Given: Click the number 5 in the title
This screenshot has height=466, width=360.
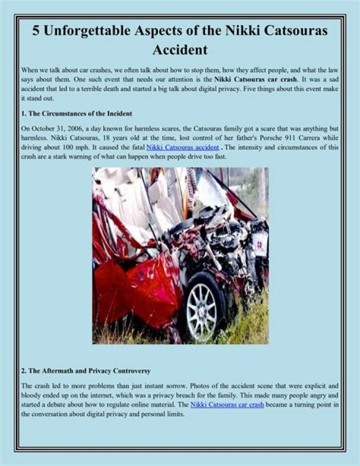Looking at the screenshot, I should point(36,31).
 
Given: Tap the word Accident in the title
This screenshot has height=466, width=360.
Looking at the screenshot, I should point(179,50).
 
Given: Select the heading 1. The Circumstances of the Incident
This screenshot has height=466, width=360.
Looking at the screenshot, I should point(76,114).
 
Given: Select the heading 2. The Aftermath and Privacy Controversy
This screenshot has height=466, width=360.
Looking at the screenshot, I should point(85,371).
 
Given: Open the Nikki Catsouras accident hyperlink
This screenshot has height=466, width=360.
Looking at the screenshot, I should point(182,148).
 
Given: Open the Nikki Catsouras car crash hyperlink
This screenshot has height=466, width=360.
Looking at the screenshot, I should point(227,404).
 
